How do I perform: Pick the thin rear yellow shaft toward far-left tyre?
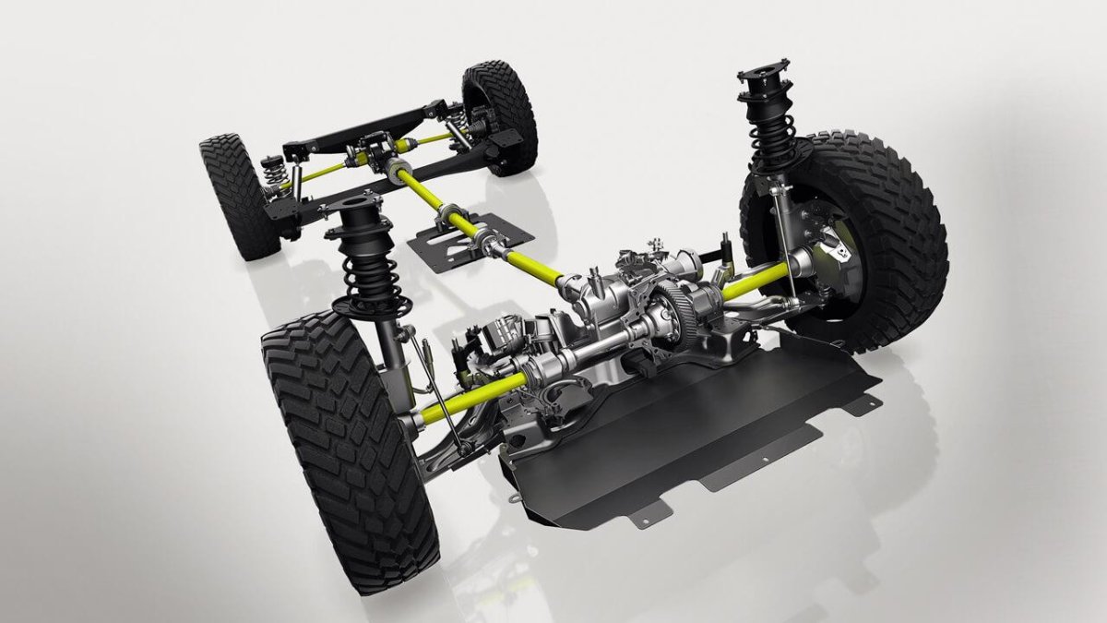click(318, 173)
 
